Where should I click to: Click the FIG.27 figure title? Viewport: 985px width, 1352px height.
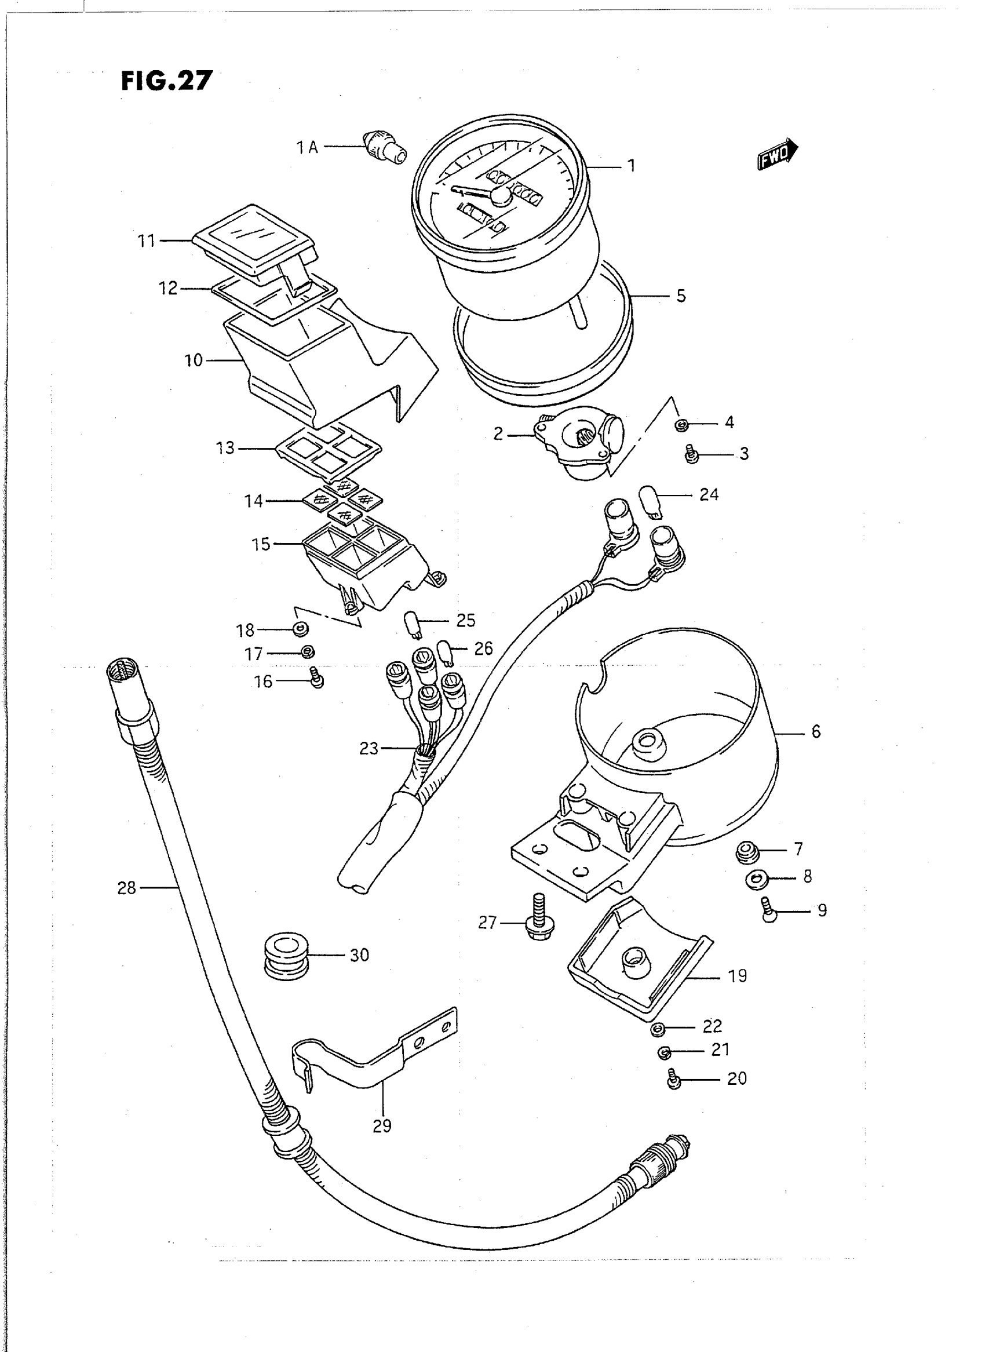point(166,80)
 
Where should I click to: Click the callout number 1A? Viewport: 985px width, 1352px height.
point(308,147)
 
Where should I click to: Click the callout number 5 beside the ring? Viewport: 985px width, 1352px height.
point(681,296)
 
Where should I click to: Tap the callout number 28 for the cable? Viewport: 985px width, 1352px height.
point(126,888)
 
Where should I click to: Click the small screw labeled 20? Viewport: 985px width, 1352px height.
point(674,1080)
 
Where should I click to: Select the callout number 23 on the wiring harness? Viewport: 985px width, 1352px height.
point(369,748)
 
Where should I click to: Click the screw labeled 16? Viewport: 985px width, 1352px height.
point(316,679)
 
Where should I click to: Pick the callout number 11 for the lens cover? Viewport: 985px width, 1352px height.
point(146,241)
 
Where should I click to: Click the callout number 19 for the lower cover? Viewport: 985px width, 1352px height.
point(737,976)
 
